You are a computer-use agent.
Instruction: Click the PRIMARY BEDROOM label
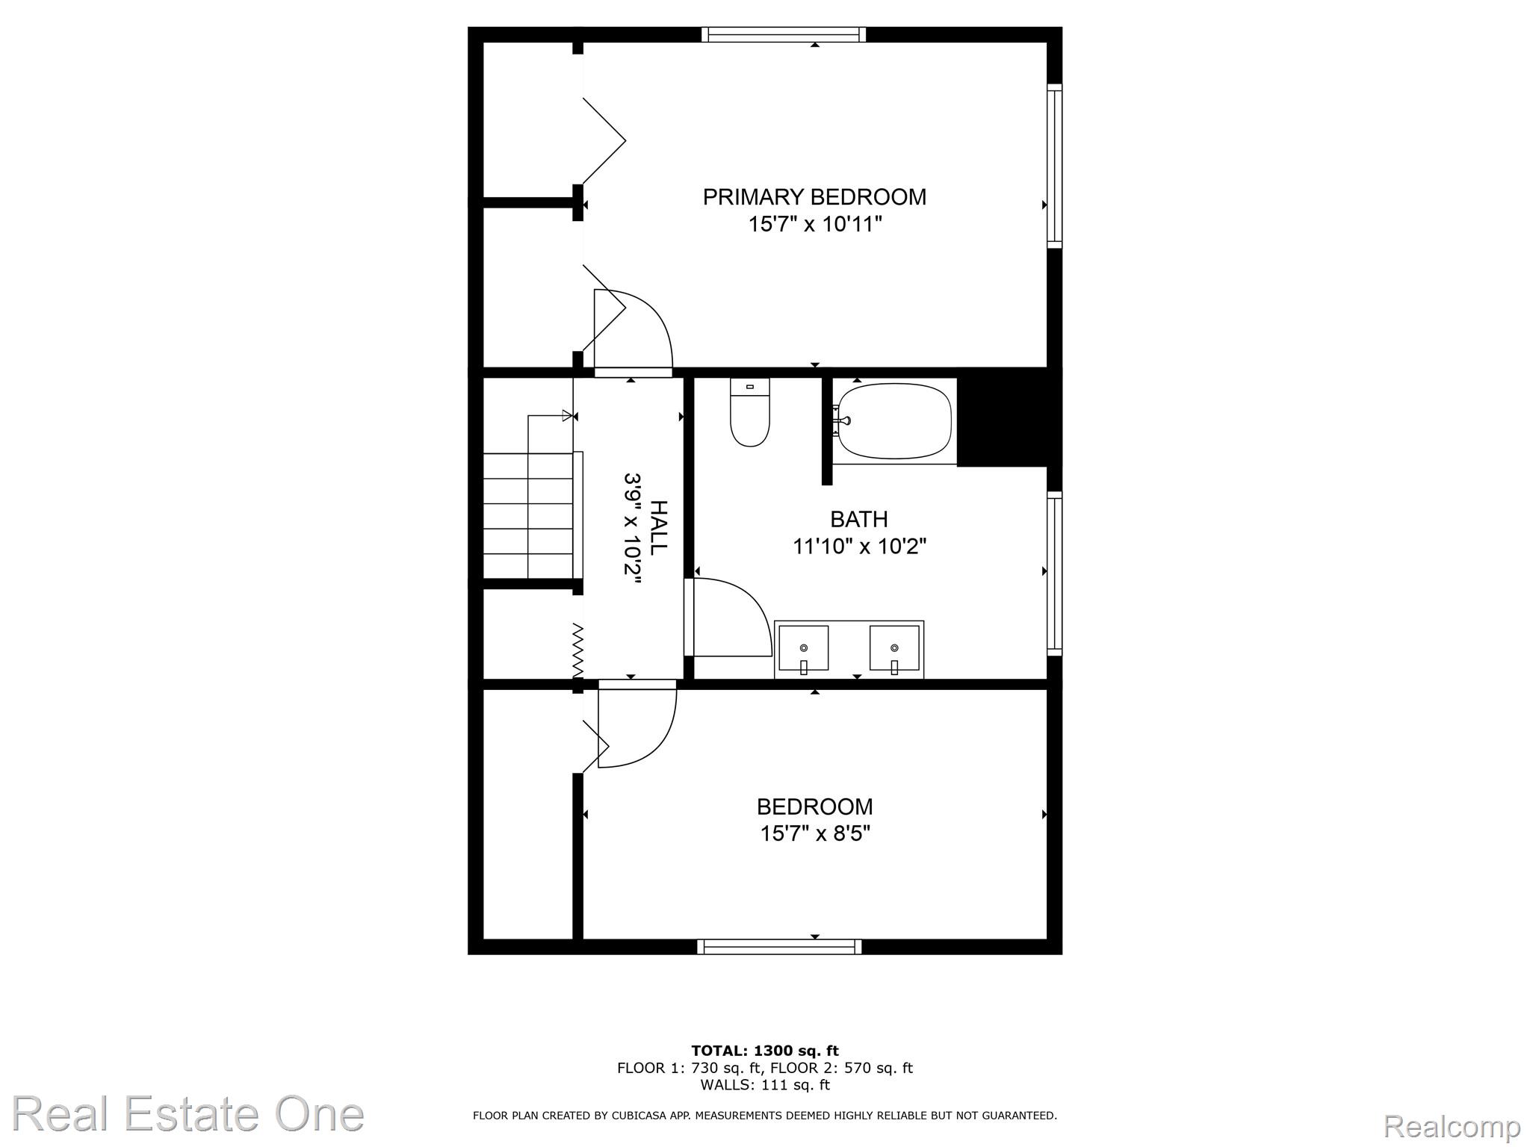point(814,197)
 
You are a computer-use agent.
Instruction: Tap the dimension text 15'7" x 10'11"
point(816,224)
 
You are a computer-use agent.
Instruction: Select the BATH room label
point(859,519)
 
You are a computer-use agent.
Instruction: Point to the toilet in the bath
point(750,412)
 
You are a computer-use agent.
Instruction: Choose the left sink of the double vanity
point(804,648)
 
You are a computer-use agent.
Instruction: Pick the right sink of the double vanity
point(894,648)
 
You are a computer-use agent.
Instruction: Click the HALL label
point(657,527)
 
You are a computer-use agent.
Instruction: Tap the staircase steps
point(528,515)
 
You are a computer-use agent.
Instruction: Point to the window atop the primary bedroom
point(784,34)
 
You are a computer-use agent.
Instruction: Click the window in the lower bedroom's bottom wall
point(779,947)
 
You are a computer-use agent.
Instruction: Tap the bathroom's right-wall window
point(1054,573)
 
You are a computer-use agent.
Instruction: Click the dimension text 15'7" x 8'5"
point(816,833)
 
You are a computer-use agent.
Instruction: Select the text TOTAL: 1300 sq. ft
point(765,1051)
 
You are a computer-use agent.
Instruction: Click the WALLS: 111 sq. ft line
point(765,1085)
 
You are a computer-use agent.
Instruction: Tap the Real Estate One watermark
point(188,1113)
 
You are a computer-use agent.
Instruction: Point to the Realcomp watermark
point(1452,1125)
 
